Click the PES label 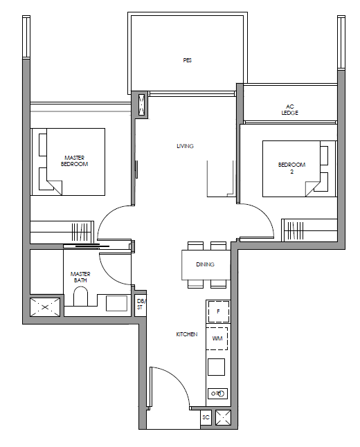(188, 60)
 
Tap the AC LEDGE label (290, 110)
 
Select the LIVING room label (185, 146)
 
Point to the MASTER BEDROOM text (75, 161)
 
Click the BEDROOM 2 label (292, 168)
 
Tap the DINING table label (205, 264)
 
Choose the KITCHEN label (187, 334)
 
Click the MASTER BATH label (80, 277)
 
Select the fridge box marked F (218, 311)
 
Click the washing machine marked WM (217, 338)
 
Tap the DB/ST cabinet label (140, 304)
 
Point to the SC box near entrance (206, 418)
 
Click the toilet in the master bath (80, 296)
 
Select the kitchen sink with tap (217, 394)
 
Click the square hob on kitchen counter (216, 367)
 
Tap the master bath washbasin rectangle (117, 303)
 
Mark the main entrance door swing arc (178, 377)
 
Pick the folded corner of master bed (55, 188)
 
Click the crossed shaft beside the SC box (223, 418)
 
